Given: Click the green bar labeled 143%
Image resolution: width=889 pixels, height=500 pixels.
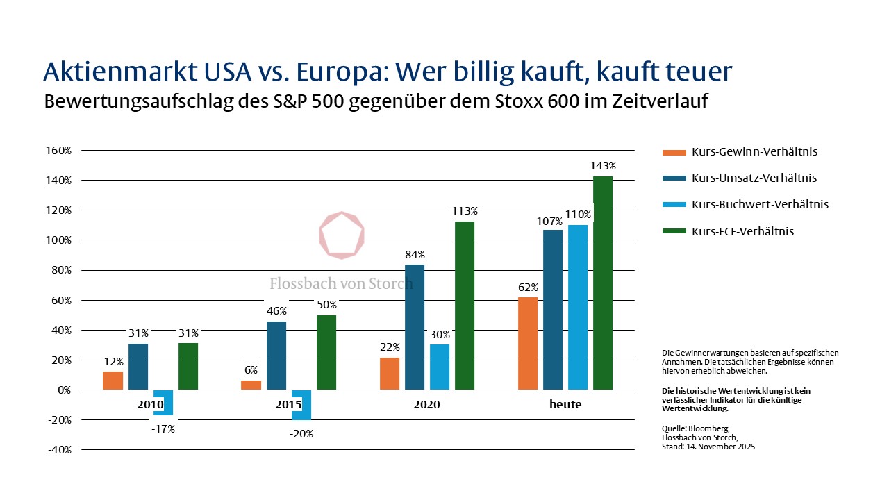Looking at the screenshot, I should tap(603, 283).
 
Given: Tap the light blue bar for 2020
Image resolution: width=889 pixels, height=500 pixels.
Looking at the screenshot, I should tap(440, 367).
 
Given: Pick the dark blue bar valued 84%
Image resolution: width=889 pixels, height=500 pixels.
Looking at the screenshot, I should tap(415, 327).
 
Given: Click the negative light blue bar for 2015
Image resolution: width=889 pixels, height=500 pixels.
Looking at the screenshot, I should tap(301, 404).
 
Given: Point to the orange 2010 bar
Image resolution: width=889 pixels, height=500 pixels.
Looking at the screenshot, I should tap(113, 381).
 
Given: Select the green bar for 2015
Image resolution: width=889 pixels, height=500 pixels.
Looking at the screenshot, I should tap(326, 352).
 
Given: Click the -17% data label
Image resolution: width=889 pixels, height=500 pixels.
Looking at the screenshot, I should tap(163, 429).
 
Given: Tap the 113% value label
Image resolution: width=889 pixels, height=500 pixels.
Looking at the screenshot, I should tap(465, 211).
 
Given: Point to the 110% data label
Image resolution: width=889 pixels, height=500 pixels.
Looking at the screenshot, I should tap(578, 215).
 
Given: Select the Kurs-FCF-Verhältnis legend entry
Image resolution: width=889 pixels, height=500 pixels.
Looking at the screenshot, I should tap(742, 231).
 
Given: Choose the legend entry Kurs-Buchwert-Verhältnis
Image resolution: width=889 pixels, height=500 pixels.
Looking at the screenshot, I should tap(750, 205).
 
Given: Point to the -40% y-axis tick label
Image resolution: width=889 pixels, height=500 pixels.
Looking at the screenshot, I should tap(58, 449).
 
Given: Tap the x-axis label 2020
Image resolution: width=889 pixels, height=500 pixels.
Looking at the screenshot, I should tap(427, 405).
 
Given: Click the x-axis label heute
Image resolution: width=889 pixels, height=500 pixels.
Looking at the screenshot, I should tap(565, 405).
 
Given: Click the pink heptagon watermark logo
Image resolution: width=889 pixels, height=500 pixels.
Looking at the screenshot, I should tap(341, 235).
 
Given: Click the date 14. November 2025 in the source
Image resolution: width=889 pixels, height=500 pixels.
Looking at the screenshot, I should tap(722, 447).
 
